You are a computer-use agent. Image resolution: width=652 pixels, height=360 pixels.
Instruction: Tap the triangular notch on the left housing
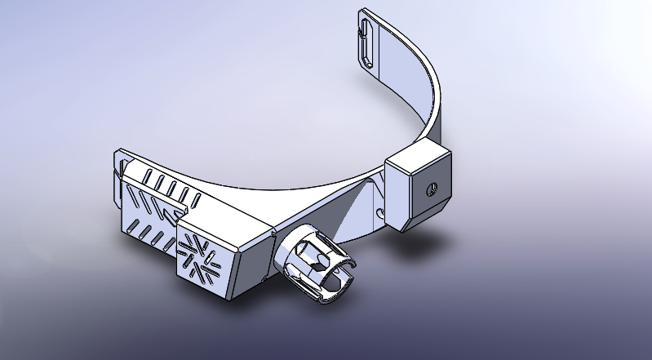172,214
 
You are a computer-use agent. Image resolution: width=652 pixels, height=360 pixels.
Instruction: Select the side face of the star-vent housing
249,261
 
